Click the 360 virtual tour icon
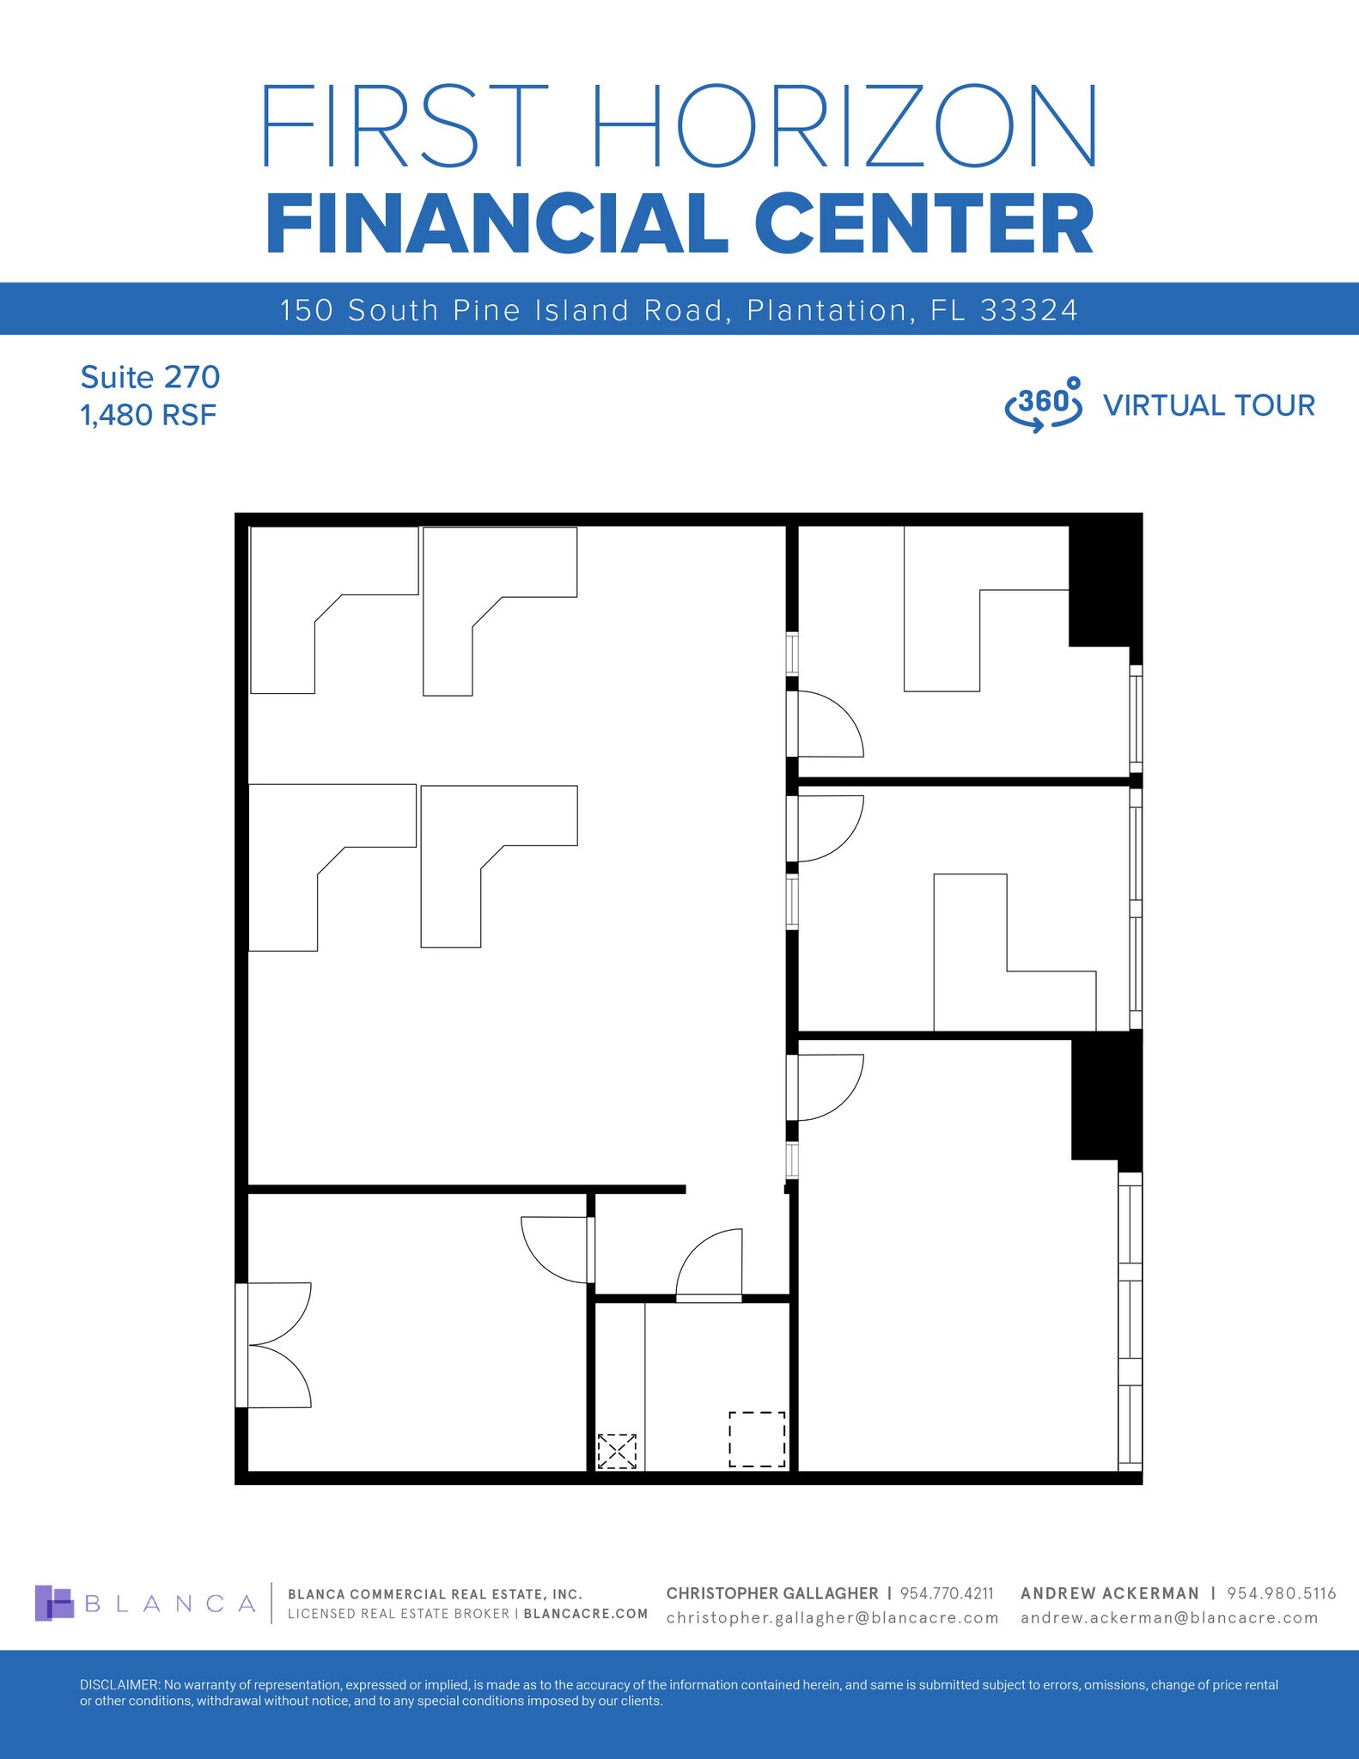[x=1043, y=405]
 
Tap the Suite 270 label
[x=150, y=377]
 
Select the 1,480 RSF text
[x=148, y=416]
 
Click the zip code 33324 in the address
[x=1028, y=310]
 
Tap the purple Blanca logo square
[x=54, y=1603]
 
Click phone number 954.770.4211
[x=946, y=1593]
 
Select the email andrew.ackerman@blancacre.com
[x=1169, y=1618]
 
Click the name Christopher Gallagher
[x=771, y=1593]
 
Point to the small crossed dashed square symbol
[x=617, y=1451]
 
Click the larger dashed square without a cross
[x=757, y=1439]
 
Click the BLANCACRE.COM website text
[x=585, y=1614]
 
